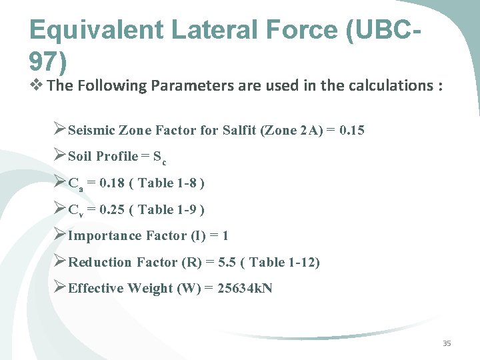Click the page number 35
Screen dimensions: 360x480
pyautogui.click(x=447, y=343)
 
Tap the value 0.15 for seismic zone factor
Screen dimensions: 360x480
pyautogui.click(x=351, y=130)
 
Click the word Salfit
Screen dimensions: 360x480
pyautogui.click(x=243, y=130)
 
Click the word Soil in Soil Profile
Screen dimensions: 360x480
pyautogui.click(x=80, y=157)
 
